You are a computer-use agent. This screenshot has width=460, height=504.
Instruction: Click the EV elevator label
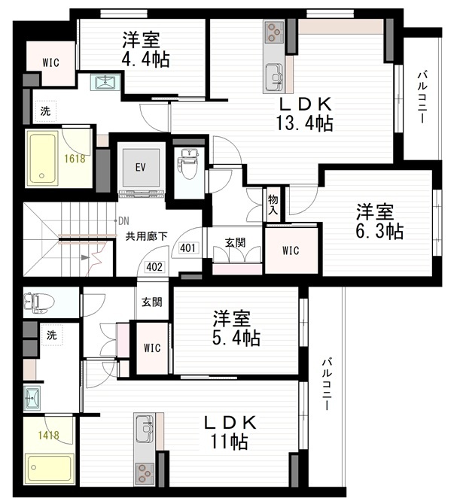point(140,167)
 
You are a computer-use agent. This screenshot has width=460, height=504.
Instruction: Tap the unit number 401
point(188,247)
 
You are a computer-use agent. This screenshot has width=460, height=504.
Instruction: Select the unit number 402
point(154,267)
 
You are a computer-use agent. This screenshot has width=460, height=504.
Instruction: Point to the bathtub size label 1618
point(75,159)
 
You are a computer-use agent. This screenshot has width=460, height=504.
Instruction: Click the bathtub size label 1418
point(49,436)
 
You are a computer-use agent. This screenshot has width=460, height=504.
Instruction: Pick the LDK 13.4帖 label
point(305,114)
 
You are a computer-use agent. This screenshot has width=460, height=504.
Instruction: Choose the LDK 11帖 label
point(230,432)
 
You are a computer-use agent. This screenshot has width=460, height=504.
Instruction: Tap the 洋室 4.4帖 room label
point(145,49)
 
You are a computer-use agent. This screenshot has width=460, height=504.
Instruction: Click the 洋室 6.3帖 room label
point(379,221)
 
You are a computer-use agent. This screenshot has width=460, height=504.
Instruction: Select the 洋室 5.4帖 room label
point(236,328)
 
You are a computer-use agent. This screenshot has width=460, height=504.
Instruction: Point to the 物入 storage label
point(273,205)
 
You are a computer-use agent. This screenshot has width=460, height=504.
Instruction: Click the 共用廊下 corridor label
point(146,236)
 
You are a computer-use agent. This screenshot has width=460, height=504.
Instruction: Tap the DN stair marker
point(123,221)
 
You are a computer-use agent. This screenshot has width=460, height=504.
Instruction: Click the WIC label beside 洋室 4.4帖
point(50,62)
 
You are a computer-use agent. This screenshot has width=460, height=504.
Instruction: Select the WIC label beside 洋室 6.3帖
point(291,250)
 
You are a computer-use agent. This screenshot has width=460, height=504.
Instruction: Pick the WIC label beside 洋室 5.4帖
point(152,348)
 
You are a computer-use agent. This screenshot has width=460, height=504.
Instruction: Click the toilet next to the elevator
point(188,164)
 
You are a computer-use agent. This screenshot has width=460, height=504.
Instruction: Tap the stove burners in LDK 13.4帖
point(274,32)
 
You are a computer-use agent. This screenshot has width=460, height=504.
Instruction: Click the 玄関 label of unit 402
point(152,302)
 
